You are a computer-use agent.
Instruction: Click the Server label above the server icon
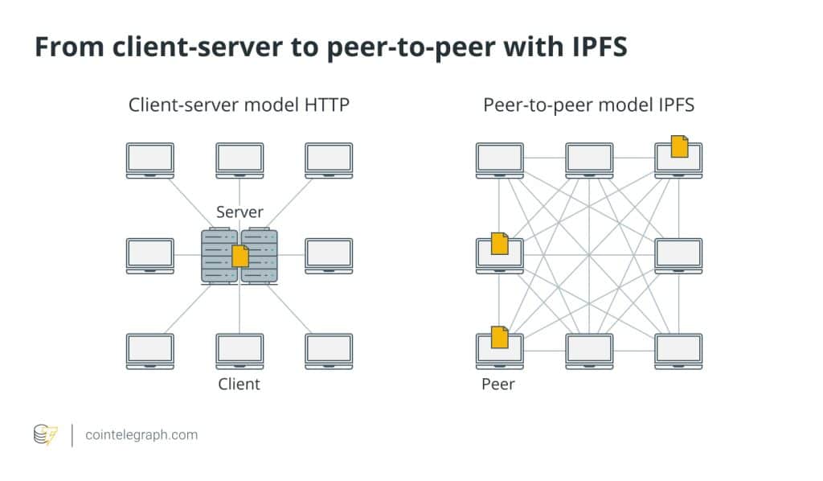(240, 212)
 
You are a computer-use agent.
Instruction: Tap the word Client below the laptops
(240, 384)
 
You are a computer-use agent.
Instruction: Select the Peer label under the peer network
(498, 384)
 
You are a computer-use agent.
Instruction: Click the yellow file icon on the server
(240, 257)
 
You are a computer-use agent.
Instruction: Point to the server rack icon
(239, 256)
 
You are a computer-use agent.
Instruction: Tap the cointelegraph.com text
(141, 435)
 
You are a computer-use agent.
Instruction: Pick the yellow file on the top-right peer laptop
(680, 146)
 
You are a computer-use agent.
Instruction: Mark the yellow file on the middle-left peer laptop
(500, 243)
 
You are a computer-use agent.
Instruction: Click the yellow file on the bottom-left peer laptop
(500, 338)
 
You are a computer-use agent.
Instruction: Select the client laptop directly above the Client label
(240, 351)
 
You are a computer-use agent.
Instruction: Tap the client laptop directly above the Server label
(240, 160)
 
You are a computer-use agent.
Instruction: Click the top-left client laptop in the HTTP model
(150, 160)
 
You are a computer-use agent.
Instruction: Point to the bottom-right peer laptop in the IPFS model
(679, 351)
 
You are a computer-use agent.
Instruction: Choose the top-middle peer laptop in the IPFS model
(590, 160)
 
